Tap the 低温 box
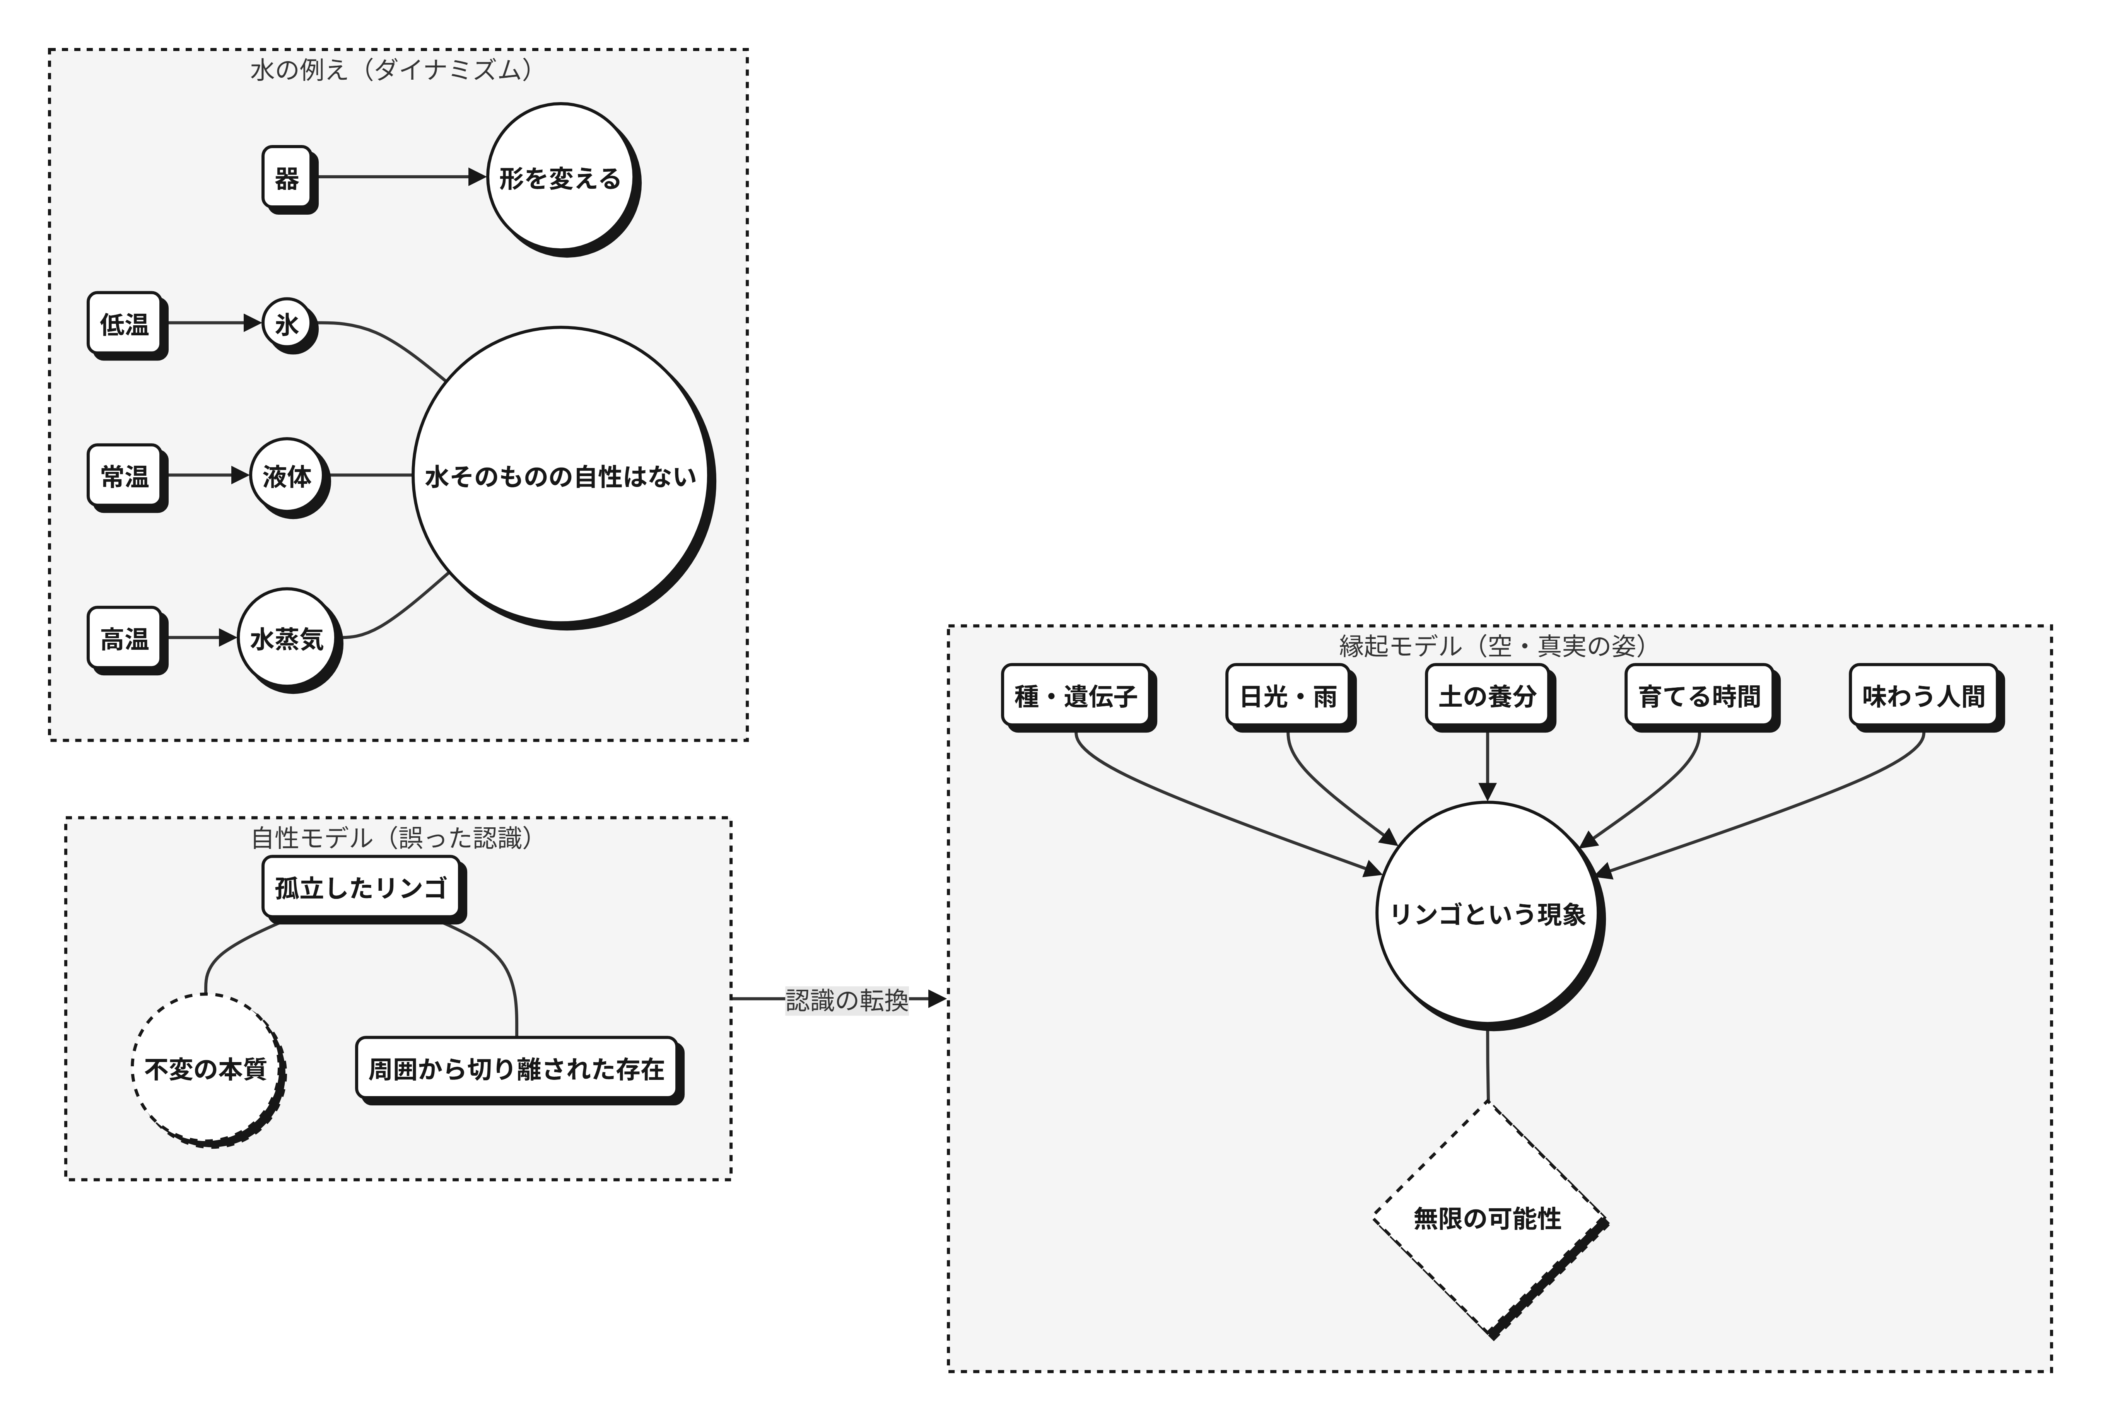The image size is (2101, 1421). (x=125, y=323)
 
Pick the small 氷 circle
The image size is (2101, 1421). (x=287, y=323)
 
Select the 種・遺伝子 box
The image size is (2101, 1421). (x=1076, y=696)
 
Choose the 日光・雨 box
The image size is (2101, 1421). (x=1288, y=696)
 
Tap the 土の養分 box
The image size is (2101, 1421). (x=1488, y=696)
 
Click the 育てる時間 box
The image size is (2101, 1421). (x=1700, y=696)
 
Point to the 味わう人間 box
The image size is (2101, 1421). (x=1924, y=696)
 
